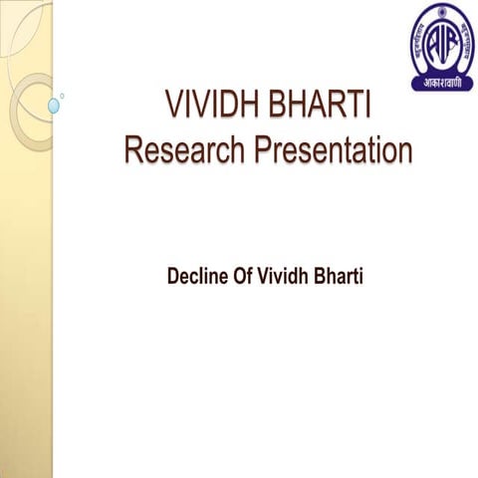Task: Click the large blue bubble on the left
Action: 54,104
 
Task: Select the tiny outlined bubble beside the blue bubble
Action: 63,96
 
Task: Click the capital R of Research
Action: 132,150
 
